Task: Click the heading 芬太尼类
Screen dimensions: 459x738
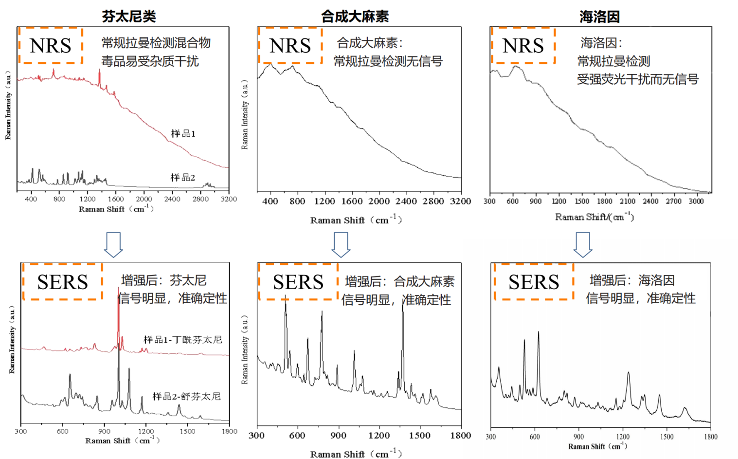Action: pos(129,17)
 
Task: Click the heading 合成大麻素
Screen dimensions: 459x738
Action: pos(355,17)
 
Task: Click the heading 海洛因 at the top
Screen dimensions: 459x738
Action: pos(600,17)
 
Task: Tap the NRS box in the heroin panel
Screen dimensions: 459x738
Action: pos(523,45)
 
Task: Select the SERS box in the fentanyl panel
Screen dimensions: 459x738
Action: pos(62,282)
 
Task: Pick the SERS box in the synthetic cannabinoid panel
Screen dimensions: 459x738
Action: pos(298,282)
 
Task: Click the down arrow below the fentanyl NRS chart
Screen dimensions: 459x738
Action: pos(113,244)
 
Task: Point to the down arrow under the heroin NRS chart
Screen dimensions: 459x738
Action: pos(583,244)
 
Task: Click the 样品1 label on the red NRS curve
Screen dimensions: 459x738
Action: pos(183,134)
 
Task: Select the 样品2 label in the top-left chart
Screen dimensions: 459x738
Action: pos(182,178)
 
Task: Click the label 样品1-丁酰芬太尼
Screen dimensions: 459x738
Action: pos(183,340)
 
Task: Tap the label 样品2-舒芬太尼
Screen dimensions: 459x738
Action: pos(187,397)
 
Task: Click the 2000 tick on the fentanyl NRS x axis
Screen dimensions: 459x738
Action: pos(144,199)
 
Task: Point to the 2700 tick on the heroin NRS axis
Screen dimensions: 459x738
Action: pos(673,201)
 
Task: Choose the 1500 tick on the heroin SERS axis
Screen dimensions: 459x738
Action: pos(666,437)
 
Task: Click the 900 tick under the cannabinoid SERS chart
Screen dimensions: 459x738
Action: pos(338,436)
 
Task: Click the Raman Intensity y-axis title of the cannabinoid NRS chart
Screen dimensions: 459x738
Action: pos(245,115)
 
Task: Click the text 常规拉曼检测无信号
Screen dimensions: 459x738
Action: pos(388,61)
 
